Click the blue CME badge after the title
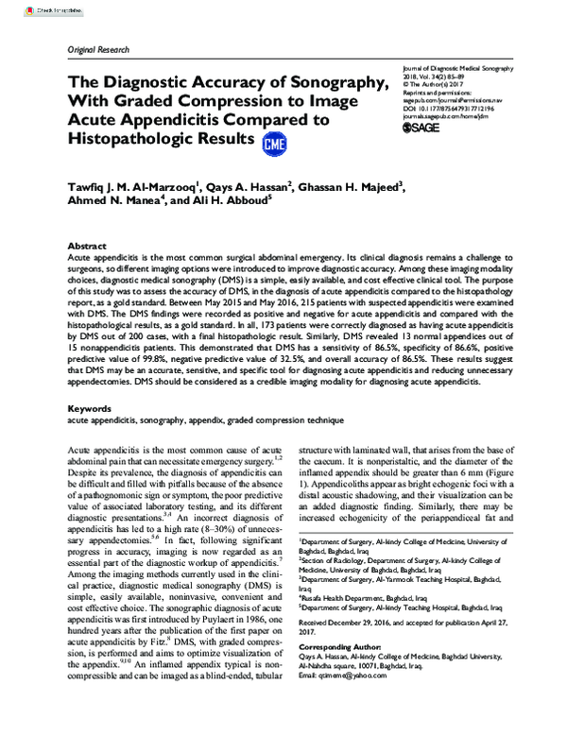tap(275, 143)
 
